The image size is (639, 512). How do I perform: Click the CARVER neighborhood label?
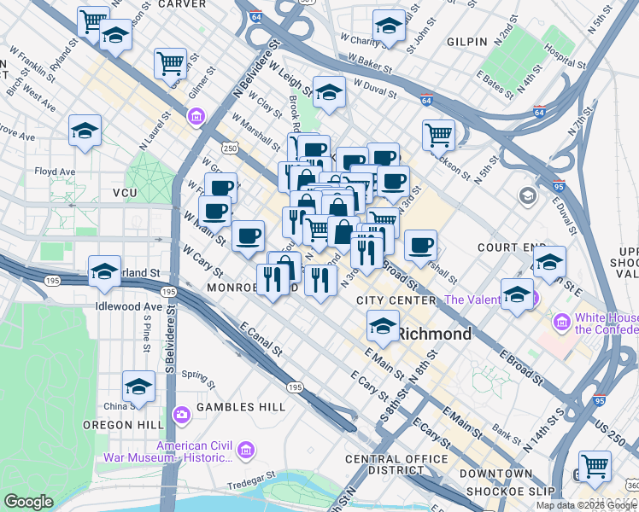181,4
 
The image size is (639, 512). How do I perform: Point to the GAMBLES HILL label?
241,407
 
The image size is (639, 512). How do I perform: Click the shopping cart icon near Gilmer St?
170,61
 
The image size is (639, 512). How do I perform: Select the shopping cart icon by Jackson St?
437,133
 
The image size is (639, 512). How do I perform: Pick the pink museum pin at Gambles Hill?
181,416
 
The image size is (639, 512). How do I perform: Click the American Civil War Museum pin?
245,449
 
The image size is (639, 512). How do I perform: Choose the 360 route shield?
631,484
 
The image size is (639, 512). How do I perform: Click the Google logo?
29,502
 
